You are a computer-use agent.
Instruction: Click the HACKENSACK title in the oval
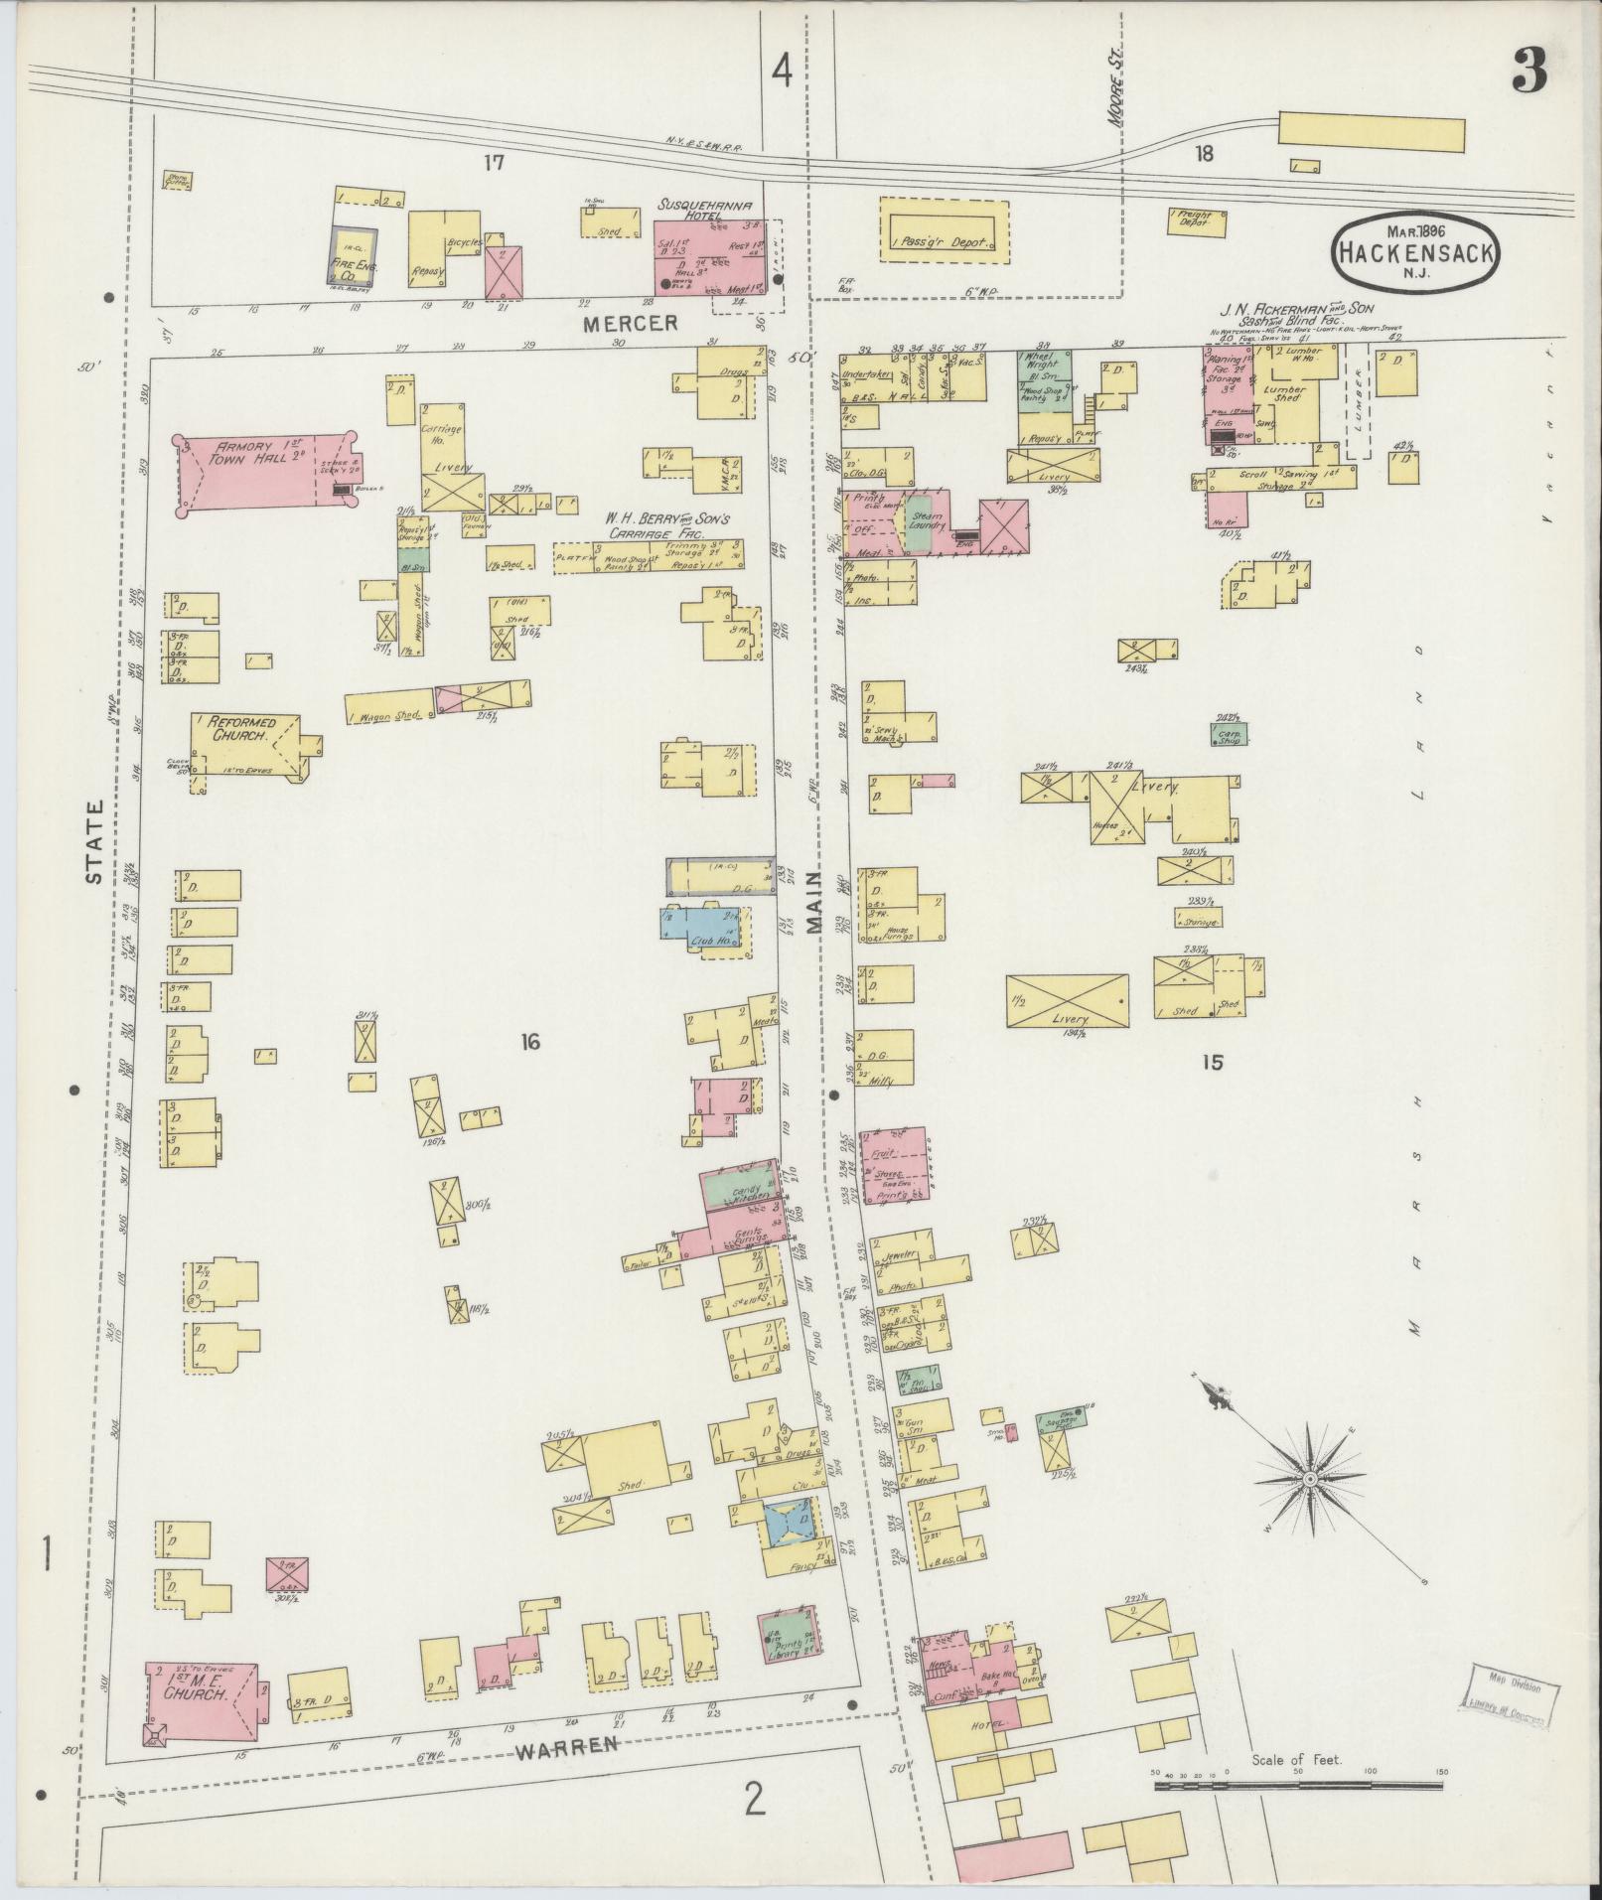click(1415, 251)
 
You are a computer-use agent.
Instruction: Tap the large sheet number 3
click(1529, 73)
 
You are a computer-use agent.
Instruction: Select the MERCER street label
click(630, 324)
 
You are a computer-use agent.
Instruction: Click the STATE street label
click(94, 842)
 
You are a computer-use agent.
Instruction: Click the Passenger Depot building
click(944, 228)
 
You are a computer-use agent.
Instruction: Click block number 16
click(529, 1042)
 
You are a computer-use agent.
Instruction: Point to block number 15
click(1212, 1063)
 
